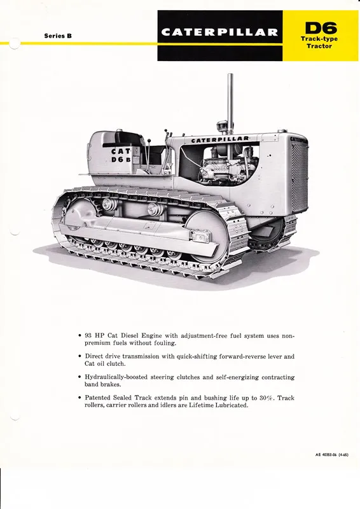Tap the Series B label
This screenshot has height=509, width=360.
coord(58,36)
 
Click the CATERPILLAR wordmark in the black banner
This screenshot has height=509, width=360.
coord(220,32)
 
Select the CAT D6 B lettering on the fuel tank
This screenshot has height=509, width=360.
coord(121,155)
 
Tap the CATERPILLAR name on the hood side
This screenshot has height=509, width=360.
coord(220,139)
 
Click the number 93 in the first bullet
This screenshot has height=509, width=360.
coord(88,336)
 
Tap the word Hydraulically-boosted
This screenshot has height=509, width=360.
coord(116,377)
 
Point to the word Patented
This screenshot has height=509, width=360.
coord(98,398)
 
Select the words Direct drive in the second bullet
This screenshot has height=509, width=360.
coord(102,356)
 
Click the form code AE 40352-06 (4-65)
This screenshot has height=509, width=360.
coord(331,455)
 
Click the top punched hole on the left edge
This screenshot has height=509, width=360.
coord(15,43)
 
